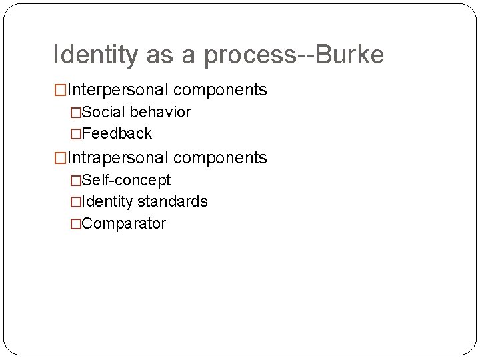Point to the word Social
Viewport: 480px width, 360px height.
click(x=102, y=112)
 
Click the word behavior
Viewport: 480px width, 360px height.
click(x=160, y=112)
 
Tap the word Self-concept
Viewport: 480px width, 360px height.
click(x=126, y=180)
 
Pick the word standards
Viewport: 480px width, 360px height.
click(x=173, y=201)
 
